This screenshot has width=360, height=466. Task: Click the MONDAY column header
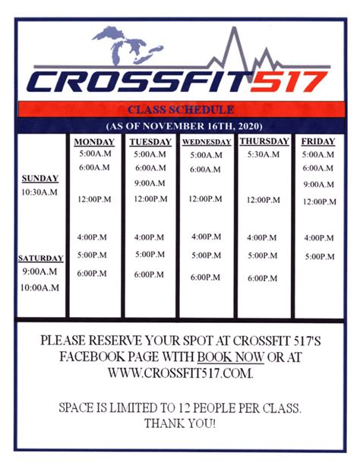tap(94, 142)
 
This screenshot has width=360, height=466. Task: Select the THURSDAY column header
tap(264, 141)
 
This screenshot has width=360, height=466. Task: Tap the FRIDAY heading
tap(318, 141)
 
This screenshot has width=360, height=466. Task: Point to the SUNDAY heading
tap(40, 179)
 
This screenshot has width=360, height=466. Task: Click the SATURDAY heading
tap(41, 258)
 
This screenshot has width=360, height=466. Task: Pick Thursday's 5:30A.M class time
tap(264, 154)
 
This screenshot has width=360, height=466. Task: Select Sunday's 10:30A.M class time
tap(39, 192)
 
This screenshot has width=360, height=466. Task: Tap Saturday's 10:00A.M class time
tap(39, 287)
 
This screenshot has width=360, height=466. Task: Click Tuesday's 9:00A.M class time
tap(150, 183)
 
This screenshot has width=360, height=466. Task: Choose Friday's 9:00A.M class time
tap(319, 185)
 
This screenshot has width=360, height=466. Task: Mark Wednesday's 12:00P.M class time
tap(205, 198)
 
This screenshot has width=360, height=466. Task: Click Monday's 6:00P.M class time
tap(92, 274)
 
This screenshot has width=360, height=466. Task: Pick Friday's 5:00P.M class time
tap(320, 256)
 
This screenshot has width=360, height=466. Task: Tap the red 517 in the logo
tap(288, 81)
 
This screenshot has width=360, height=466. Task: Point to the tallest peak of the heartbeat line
tap(235, 28)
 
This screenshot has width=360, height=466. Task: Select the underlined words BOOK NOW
tap(230, 357)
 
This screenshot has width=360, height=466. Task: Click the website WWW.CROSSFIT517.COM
tap(180, 372)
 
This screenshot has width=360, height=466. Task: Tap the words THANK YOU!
tap(180, 423)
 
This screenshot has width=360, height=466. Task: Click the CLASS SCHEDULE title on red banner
tap(181, 109)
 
